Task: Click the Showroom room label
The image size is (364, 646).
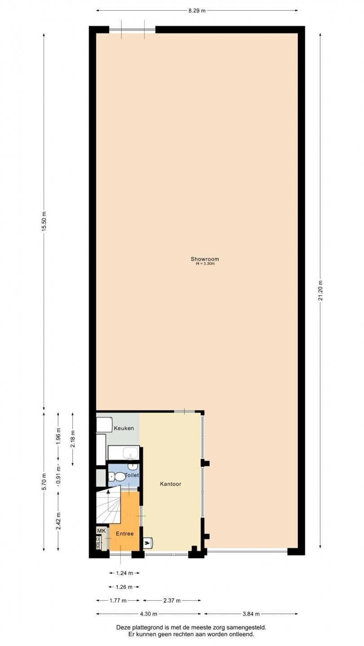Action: [204, 259]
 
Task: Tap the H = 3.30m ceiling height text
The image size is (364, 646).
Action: [205, 264]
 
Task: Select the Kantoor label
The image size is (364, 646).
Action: [170, 484]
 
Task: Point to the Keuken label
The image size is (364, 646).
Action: [124, 428]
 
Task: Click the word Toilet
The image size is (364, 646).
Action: [132, 475]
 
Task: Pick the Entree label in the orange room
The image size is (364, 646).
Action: [124, 533]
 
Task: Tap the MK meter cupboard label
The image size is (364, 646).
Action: [102, 531]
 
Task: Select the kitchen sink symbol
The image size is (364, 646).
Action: [131, 453]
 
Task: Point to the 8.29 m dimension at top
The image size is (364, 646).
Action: [197, 11]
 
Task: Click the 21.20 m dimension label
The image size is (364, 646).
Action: [320, 290]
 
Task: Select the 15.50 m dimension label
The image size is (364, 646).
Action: [44, 221]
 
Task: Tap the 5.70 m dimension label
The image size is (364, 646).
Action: [44, 482]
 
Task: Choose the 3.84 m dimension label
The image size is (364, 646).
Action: [251, 614]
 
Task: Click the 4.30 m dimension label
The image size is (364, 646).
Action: [148, 614]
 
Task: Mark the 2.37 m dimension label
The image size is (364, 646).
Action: [172, 600]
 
